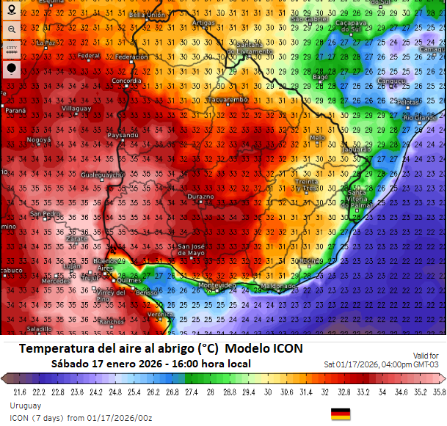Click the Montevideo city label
pyautogui.click(x=217, y=284)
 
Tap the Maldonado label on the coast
pyautogui.click(x=278, y=285)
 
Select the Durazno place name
pyautogui.click(x=200, y=197)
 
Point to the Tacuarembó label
pyautogui.click(x=228, y=99)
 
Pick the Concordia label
pyautogui.click(x=127, y=81)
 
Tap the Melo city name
pyautogui.click(x=317, y=138)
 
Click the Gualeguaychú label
pyautogui.click(x=101, y=175)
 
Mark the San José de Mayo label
pyautogui.click(x=192, y=249)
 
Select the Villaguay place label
pyautogui.click(x=76, y=109)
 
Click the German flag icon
pyautogui.click(x=341, y=414)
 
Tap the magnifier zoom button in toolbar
pyautogui.click(x=12, y=29)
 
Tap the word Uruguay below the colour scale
pyautogui.click(x=25, y=405)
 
